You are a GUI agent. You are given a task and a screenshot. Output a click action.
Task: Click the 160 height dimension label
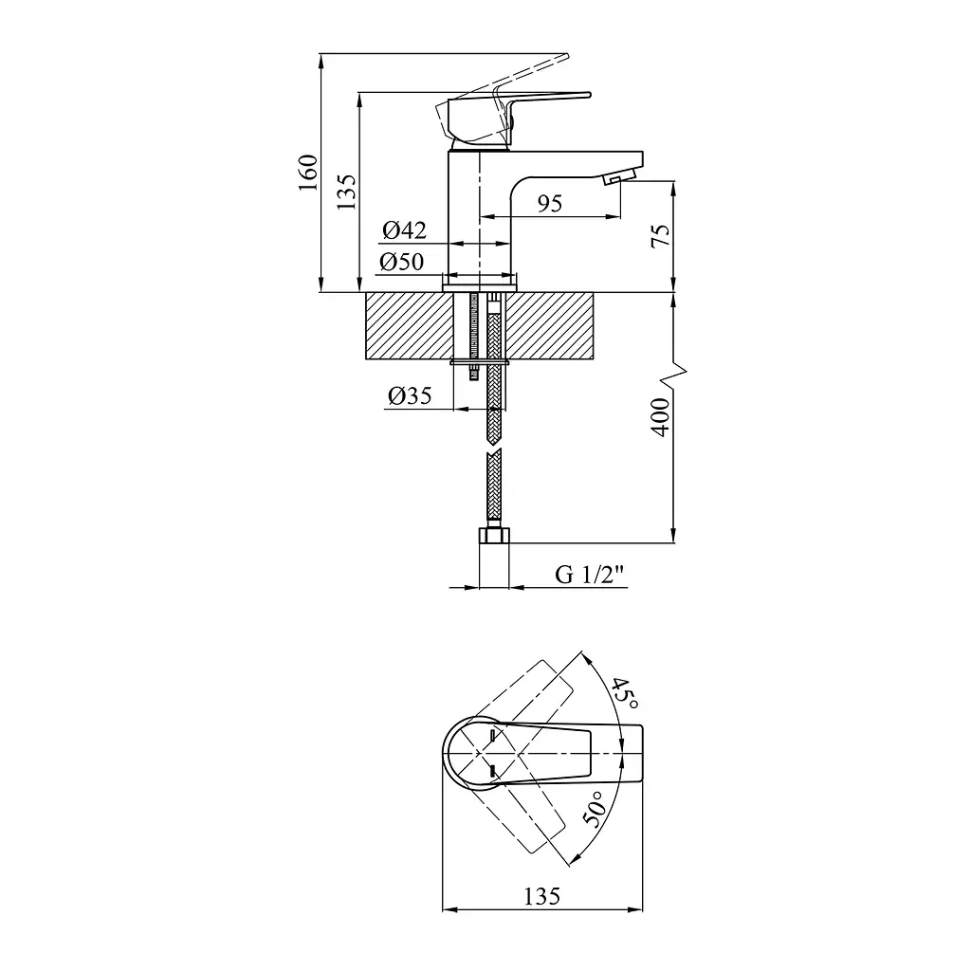click(x=308, y=173)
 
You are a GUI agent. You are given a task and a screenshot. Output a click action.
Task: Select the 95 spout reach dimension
click(x=550, y=203)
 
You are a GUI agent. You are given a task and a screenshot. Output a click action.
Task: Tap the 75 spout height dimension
click(x=661, y=235)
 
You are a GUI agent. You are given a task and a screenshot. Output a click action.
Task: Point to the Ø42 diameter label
click(x=404, y=230)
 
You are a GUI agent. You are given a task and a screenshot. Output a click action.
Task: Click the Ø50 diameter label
click(x=402, y=262)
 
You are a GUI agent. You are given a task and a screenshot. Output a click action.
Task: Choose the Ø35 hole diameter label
click(x=410, y=395)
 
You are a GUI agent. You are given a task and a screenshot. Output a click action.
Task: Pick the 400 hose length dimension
click(x=661, y=418)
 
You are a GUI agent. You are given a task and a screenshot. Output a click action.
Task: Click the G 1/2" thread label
click(x=589, y=575)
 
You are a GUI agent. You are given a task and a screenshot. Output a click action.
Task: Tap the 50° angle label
click(x=594, y=809)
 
